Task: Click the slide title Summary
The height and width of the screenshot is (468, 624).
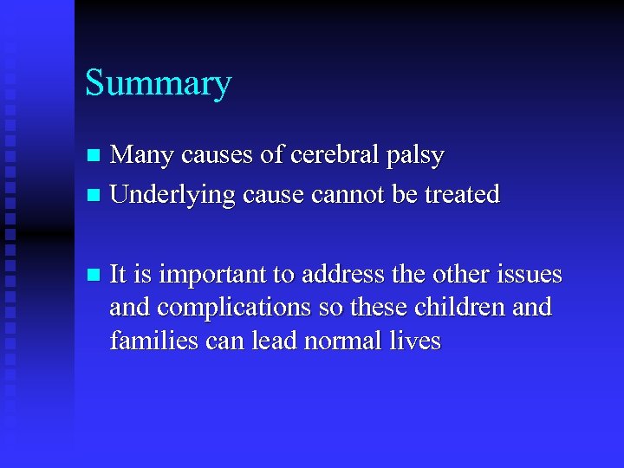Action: point(158,84)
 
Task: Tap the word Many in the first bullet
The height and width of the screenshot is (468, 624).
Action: point(137,156)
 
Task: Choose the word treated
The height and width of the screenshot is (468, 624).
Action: point(462,194)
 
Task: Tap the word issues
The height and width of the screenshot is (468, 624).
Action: point(528,275)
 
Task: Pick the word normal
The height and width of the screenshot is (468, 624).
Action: point(342,341)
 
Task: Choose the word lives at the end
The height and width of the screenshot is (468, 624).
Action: point(417,341)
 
